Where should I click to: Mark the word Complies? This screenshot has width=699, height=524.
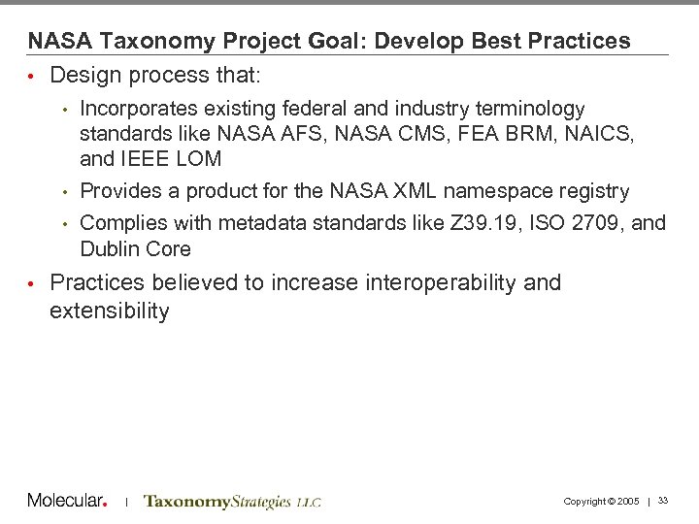[118, 223]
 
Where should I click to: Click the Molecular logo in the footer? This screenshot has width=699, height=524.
[67, 500]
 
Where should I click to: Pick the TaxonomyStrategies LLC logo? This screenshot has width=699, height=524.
[231, 501]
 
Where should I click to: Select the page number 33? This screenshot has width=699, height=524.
[663, 500]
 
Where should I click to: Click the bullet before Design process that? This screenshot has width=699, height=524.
[32, 76]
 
